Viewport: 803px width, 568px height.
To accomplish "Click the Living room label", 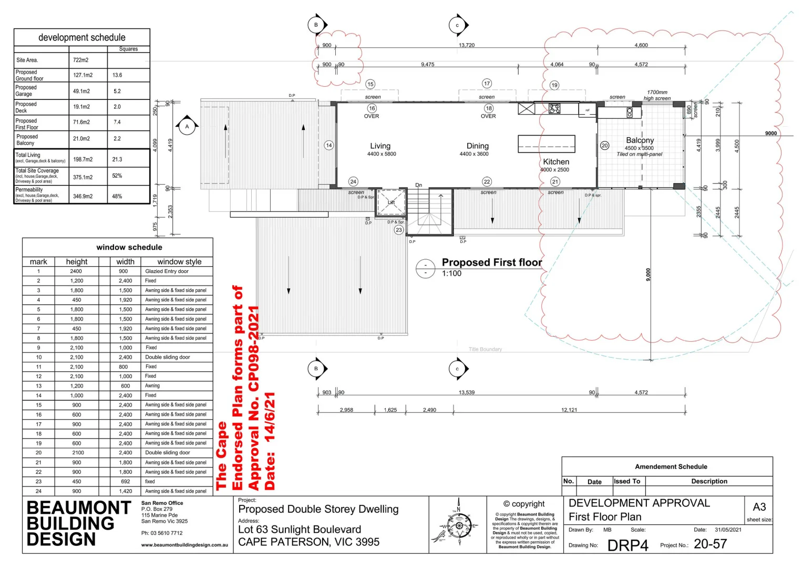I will [x=380, y=146].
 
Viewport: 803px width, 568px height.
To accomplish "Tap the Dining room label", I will [x=477, y=146].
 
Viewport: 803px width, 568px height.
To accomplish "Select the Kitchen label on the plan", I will [x=556, y=162].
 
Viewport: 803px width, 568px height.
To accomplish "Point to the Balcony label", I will [x=640, y=140].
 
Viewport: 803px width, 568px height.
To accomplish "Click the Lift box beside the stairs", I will [x=391, y=202].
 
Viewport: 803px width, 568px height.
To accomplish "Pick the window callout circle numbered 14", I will [x=329, y=145].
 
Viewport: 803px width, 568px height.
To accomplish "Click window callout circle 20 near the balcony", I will [x=604, y=146].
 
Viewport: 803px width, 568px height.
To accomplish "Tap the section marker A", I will [x=187, y=127].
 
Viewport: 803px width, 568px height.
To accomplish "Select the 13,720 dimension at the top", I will [x=466, y=45].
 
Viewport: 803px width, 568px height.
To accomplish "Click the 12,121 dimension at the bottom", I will [x=569, y=410].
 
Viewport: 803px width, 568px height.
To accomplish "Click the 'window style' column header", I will [x=179, y=262].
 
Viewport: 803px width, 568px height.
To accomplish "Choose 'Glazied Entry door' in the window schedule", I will [x=167, y=271].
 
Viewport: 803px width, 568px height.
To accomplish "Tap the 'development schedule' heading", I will [x=82, y=37].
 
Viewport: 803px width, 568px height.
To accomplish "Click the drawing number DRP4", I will [x=627, y=545].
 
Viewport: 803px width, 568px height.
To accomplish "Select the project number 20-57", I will [x=710, y=544].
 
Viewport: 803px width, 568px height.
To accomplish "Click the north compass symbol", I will [x=459, y=525].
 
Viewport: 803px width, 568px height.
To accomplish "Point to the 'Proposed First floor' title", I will [x=491, y=262].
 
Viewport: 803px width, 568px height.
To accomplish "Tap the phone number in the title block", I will [x=162, y=533].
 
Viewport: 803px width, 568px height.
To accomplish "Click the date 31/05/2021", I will [x=728, y=530].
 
